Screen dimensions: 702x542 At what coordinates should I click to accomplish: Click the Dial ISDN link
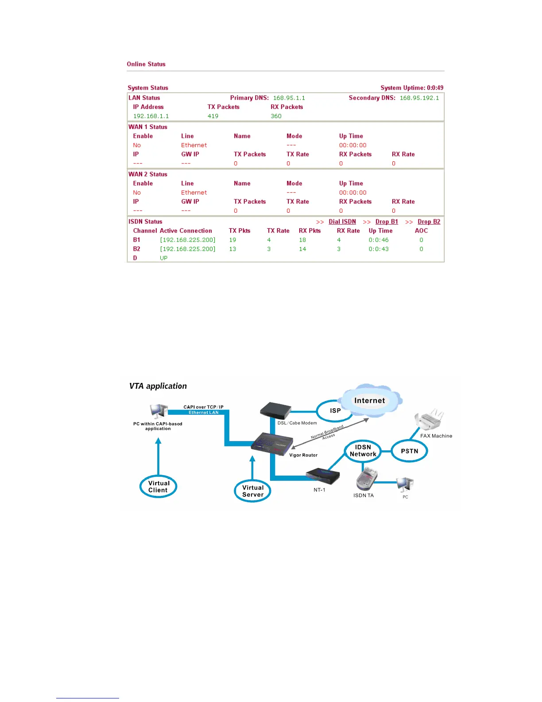342,222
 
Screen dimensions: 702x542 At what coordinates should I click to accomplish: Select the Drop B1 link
387,222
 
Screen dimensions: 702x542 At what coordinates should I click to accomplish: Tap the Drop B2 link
429,222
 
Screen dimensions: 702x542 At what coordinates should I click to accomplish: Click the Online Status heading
146,64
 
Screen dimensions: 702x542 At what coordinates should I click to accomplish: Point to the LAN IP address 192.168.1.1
151,116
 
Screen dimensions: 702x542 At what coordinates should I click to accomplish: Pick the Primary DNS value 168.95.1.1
289,98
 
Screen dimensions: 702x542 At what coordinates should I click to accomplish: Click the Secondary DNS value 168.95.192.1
419,98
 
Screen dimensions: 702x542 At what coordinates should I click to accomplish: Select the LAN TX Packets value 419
213,116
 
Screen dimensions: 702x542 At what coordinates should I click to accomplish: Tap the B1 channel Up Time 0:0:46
379,240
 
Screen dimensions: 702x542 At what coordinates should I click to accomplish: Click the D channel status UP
163,258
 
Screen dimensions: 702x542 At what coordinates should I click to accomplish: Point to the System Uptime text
412,88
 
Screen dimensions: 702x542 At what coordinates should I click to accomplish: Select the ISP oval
335,410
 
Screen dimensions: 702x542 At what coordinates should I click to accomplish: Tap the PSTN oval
410,451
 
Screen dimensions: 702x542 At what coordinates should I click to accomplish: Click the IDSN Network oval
363,451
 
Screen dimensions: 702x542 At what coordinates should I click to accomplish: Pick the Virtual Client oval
158,487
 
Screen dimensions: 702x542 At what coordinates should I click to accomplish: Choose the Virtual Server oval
252,491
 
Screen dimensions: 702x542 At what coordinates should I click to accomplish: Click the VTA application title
158,386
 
